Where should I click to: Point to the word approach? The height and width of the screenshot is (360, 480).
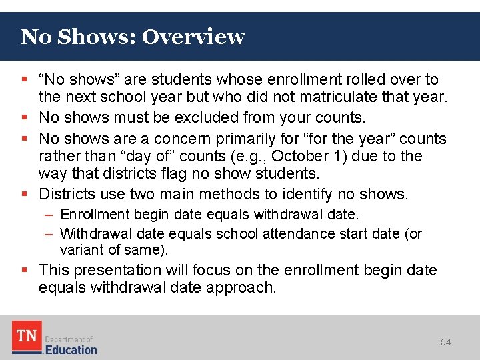tap(243, 287)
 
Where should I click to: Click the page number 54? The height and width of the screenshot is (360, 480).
tap(445, 342)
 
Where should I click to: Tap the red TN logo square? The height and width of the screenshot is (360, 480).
tap(27, 337)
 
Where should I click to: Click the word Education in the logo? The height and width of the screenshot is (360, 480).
tap(71, 349)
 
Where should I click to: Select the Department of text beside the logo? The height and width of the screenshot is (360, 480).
tap(69, 339)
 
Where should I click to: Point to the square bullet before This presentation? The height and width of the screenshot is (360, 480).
tap(25, 270)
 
